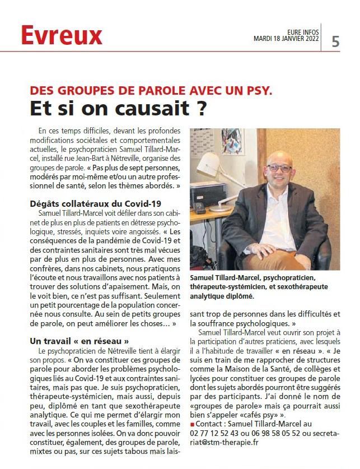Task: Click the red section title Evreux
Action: tap(62, 36)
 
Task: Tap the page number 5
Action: tap(335, 41)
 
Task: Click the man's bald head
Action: tap(280, 155)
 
